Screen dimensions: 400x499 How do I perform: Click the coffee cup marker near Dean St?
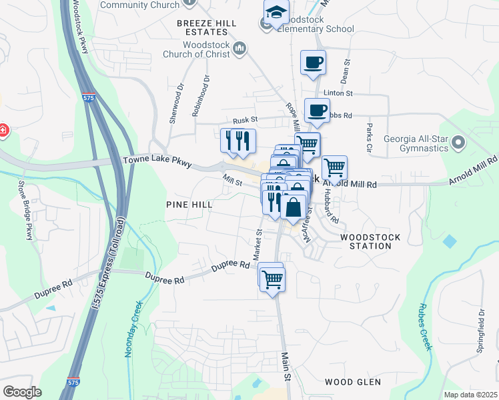313,63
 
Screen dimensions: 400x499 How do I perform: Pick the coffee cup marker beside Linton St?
317,110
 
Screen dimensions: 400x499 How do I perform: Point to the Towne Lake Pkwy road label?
157,162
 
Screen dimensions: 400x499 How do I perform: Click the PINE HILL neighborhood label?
189,205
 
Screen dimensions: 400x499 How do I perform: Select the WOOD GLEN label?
352,382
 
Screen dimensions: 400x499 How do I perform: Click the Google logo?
22,391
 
